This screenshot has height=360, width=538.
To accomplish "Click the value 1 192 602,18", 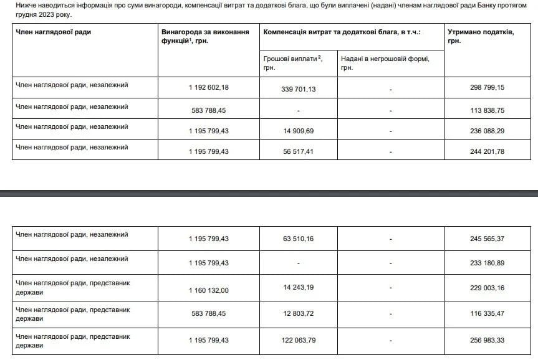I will pos(209,88).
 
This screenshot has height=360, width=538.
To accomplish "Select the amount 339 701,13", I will pos(299,89).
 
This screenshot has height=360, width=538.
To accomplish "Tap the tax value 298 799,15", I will pos(484,88).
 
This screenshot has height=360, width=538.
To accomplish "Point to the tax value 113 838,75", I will pos(484,110).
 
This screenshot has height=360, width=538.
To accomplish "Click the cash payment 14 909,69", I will pos(299,130).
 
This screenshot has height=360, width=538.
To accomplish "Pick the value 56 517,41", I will pos(299,150).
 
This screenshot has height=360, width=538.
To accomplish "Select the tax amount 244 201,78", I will pos(484,151).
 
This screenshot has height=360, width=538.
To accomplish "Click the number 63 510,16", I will pos(299,239).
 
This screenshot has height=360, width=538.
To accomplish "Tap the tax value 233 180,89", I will pos(484,263).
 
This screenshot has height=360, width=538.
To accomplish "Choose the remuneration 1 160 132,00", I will pos(209,289).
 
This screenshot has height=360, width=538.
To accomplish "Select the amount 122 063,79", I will pos(299,339).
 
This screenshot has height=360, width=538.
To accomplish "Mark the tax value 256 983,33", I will pos(484,339).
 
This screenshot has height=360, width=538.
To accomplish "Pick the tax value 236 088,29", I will pos(484,130).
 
